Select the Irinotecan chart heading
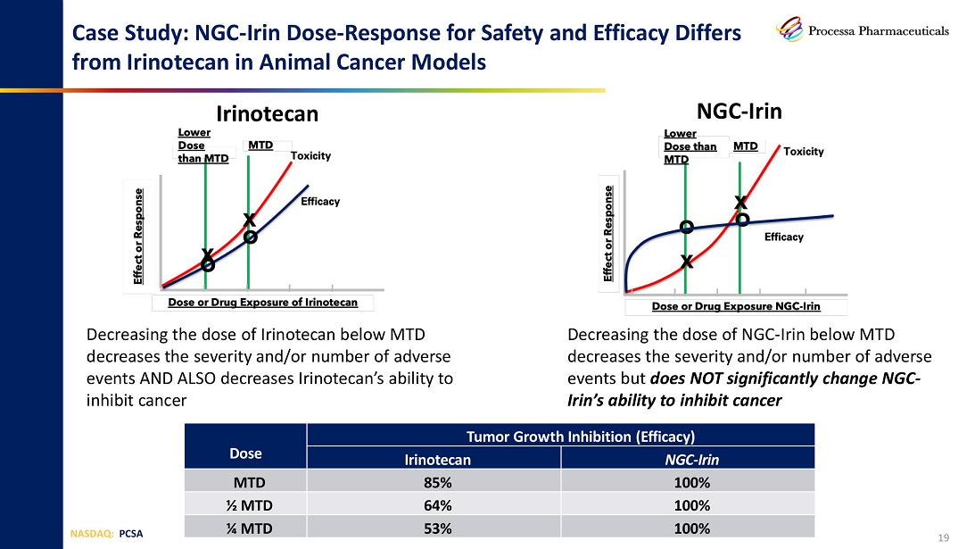pos(268,114)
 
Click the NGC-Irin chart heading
pos(738,111)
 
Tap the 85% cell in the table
pos(434,483)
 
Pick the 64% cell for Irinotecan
pos(434,505)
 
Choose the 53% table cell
pos(434,528)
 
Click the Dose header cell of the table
pos(245,453)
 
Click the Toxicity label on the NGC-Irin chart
pos(804,152)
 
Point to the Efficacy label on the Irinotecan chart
pos(320,202)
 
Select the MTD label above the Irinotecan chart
pos(260,146)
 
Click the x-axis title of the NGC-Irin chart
pos(736,306)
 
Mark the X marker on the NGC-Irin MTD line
pos(740,203)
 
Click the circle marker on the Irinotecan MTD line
pos(251,237)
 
